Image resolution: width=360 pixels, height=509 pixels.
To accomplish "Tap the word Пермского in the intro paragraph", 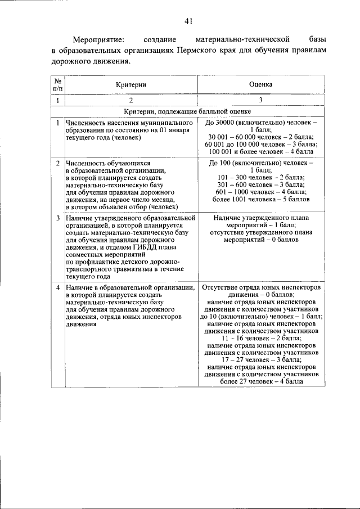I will [199, 50].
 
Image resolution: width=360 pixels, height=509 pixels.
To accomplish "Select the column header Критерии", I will [131, 84].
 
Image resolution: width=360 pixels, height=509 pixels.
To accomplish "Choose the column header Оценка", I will [260, 84].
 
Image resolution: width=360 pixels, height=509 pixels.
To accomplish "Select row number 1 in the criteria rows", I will [58, 123].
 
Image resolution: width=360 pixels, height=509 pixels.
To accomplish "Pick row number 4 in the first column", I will [58, 287].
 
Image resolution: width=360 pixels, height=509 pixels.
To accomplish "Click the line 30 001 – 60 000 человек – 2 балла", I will [260, 137].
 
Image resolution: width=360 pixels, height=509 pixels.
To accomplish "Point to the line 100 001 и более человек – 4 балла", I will [260, 152].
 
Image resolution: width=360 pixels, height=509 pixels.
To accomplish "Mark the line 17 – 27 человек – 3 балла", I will [260, 360].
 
